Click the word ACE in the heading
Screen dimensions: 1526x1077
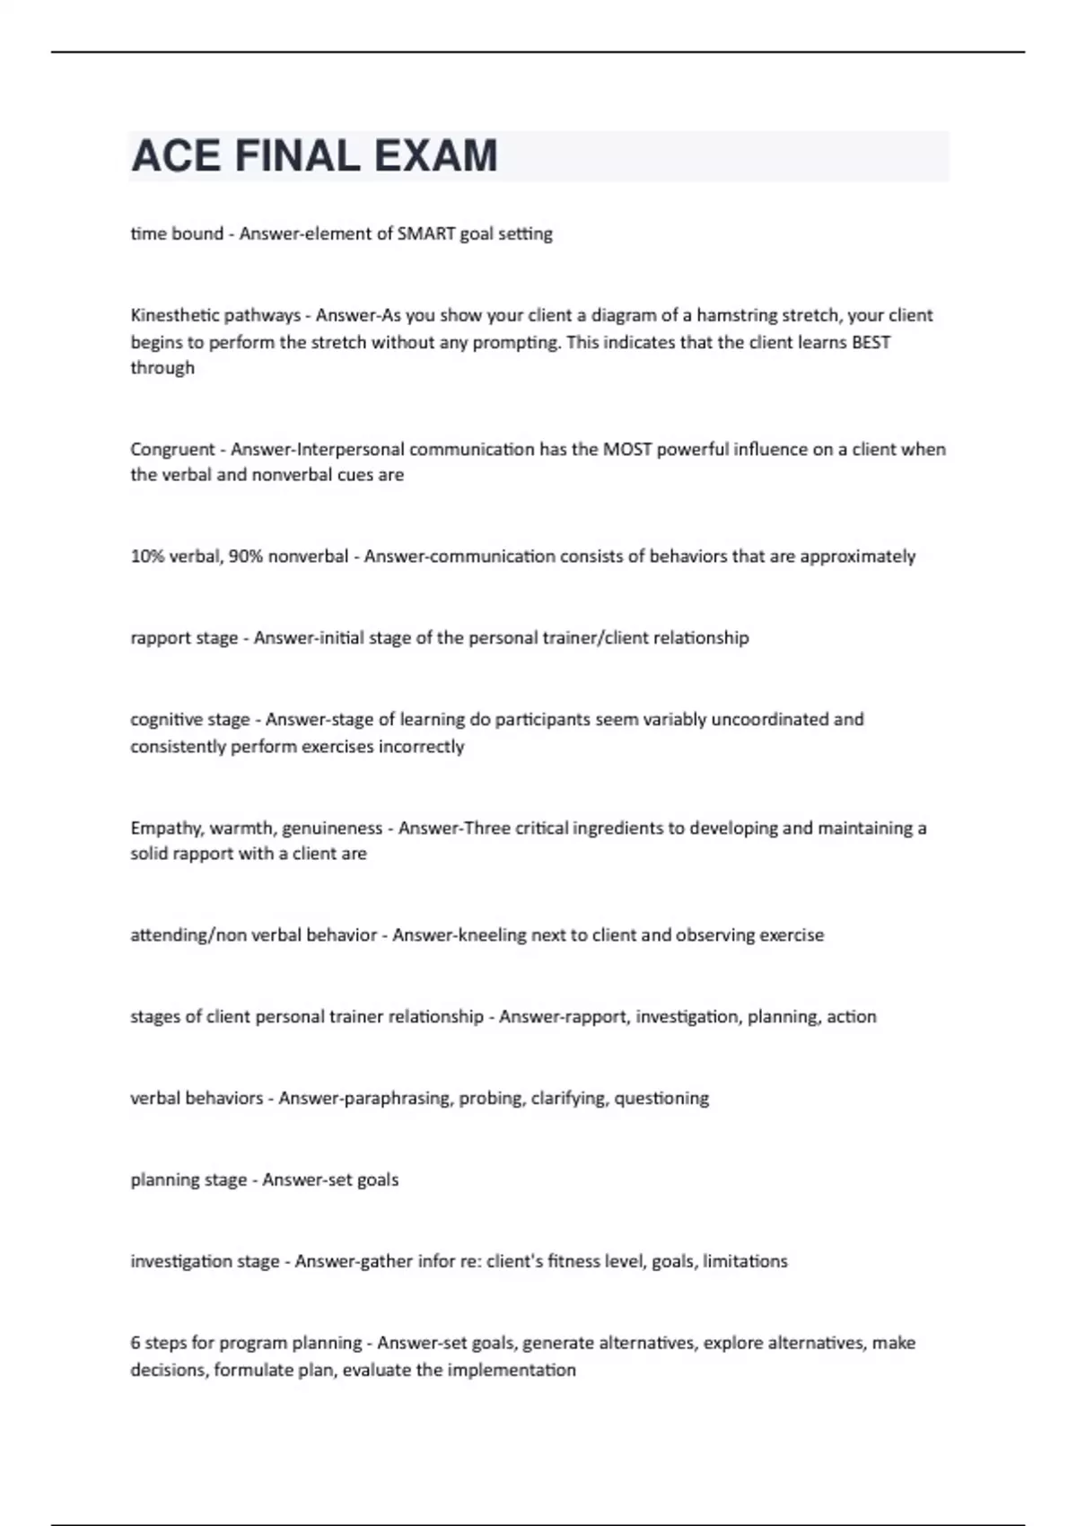click(176, 156)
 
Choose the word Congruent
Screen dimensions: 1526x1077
click(172, 449)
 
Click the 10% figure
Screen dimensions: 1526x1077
click(147, 557)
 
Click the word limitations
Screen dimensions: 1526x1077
click(745, 1261)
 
